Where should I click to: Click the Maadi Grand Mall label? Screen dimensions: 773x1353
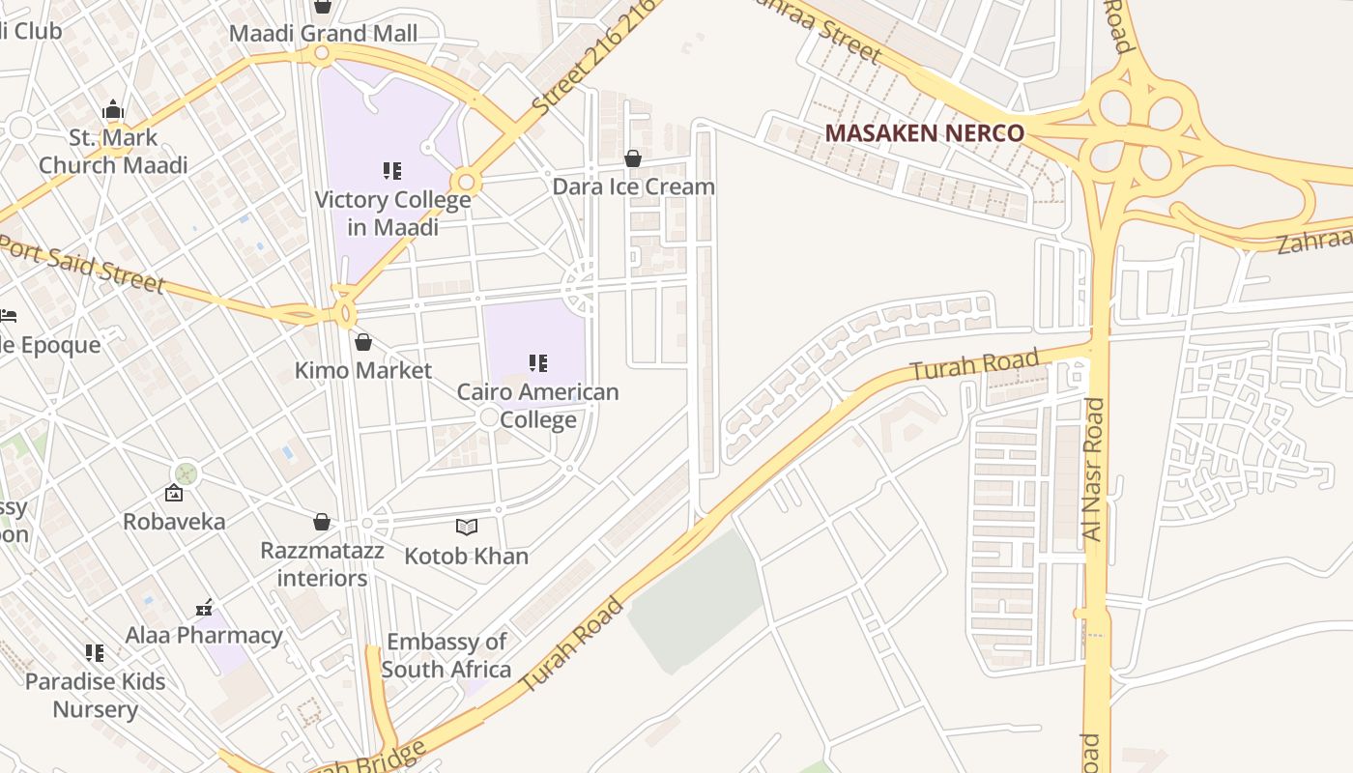pos(323,34)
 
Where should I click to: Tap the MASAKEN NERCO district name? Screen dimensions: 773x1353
pos(925,133)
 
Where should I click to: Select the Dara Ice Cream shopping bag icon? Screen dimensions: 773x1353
pos(633,158)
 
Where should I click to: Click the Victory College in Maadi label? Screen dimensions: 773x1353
pos(393,214)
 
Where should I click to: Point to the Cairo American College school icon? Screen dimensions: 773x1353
pos(538,363)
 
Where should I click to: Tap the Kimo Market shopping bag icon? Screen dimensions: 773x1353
pos(363,342)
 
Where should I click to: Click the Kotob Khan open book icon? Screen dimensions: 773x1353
pos(467,527)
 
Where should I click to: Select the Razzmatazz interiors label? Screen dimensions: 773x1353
pos(322,564)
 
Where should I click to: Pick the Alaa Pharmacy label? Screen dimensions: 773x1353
pos(204,635)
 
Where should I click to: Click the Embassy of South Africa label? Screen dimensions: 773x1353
pos(446,655)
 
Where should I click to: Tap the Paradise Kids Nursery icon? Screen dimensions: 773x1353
pos(95,653)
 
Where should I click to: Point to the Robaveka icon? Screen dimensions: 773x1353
pos(174,494)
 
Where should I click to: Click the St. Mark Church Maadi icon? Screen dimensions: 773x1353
pos(113,109)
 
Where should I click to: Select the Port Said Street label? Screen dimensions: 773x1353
pos(83,262)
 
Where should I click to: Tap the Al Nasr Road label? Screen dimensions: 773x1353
pos(1093,469)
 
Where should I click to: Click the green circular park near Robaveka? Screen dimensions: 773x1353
pos(186,472)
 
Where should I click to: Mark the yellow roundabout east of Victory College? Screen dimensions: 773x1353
pos(466,181)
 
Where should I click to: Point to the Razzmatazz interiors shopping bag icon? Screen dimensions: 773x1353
pos(322,523)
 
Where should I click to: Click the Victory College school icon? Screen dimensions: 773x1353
pos(391,171)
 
